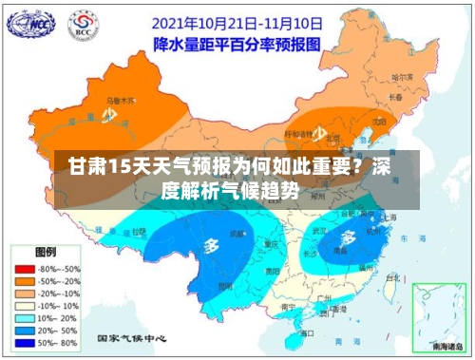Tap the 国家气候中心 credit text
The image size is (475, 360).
(x=132, y=338)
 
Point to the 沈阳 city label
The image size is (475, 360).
(x=381, y=122)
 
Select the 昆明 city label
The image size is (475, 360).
(x=226, y=285)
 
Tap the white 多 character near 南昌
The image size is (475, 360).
(x=348, y=237)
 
